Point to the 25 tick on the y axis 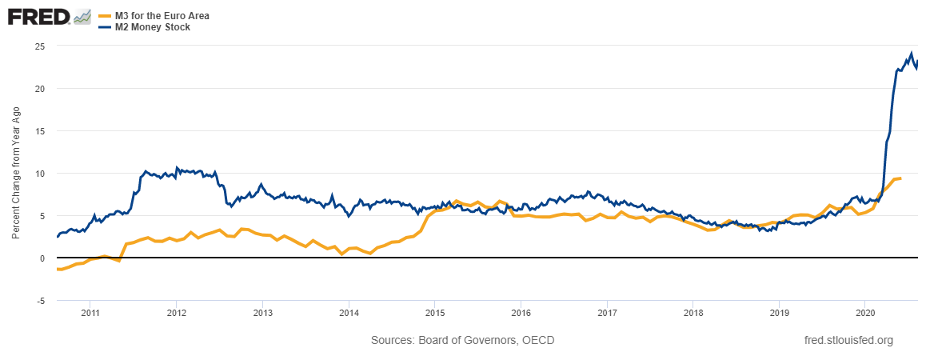click(39, 46)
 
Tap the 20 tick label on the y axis click(39, 89)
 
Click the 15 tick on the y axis click(39, 131)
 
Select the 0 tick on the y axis click(42, 258)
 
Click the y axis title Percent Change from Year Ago click(16, 174)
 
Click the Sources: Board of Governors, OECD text click(462, 341)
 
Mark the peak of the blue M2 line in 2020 click(911, 54)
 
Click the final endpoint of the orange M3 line click(900, 178)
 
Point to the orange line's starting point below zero click(58, 270)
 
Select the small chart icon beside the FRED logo click(82, 17)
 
